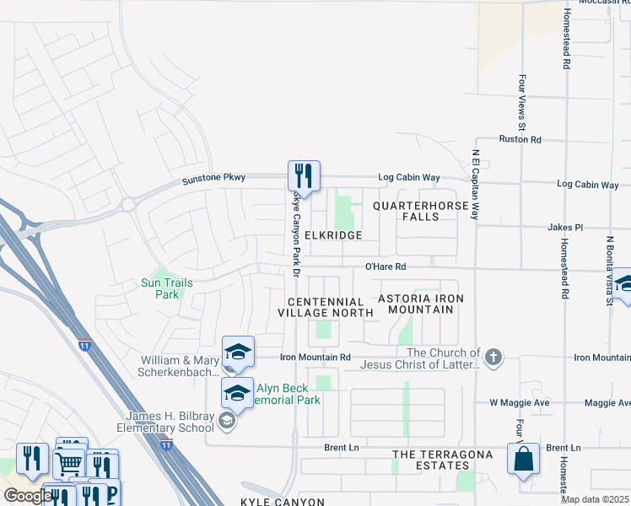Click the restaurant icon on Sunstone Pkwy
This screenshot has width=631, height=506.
tap(304, 176)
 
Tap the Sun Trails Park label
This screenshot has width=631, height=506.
tap(167, 288)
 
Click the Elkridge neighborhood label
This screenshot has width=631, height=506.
tap(333, 235)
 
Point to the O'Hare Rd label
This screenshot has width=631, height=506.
tap(386, 266)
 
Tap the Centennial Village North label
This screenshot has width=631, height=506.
tap(326, 307)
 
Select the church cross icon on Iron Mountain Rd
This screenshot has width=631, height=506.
tap(493, 358)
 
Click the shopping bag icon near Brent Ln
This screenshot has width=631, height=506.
tap(523, 460)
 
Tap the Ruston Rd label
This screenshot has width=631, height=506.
tap(520, 139)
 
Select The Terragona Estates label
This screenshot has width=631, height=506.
tap(430, 460)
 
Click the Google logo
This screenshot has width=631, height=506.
tap(28, 496)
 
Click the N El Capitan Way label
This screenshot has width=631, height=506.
tap(476, 186)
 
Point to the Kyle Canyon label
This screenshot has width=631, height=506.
tap(283, 502)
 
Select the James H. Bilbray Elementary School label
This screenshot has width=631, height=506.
tap(170, 422)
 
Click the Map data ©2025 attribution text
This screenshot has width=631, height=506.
tap(595, 499)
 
